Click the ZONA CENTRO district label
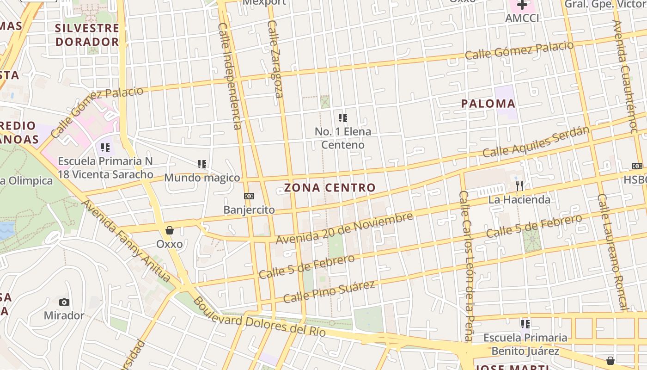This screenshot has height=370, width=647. click(330, 188)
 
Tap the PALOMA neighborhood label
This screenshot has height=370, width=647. click(488, 104)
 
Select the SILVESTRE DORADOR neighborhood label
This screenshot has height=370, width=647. click(87, 35)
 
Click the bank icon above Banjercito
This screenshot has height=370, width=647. click(249, 196)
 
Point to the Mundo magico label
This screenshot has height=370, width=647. click(202, 178)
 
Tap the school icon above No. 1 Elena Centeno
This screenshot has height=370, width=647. click(342, 118)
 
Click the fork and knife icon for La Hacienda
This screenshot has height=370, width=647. click(520, 186)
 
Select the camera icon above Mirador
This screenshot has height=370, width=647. click(64, 302)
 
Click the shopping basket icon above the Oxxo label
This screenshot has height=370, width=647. click(170, 230)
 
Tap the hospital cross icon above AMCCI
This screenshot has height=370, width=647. click(522, 5)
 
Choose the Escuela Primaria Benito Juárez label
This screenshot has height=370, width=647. click(525, 344)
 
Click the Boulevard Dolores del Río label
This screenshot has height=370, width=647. click(259, 317)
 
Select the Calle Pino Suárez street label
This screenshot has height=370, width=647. click(329, 291)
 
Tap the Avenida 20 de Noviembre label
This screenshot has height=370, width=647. click(344, 228)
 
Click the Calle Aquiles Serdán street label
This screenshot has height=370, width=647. click(536, 142)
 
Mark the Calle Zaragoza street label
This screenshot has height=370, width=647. click(275, 59)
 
